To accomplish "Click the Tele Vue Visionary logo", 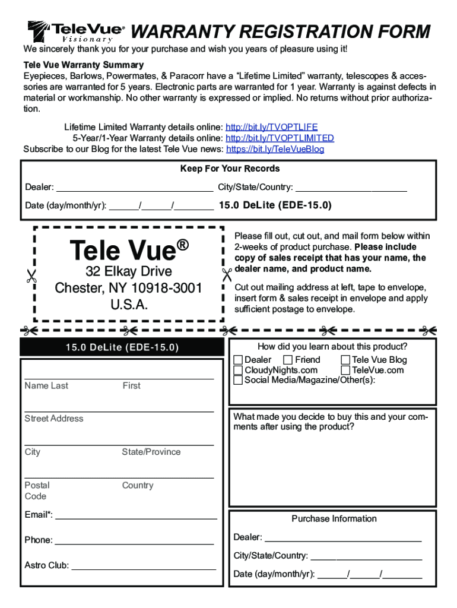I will [x=76, y=31].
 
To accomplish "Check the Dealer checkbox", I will [x=238, y=360].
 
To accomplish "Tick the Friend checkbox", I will [x=288, y=360].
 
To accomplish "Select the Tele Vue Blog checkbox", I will [x=345, y=360].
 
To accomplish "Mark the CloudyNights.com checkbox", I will [x=238, y=370].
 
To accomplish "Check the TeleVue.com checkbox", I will [x=345, y=370].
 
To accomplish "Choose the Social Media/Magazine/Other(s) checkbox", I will [x=238, y=381].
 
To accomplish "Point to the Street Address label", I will [x=54, y=419].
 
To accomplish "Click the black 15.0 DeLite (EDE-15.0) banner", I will [x=122, y=347].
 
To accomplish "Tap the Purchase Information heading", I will [x=334, y=519].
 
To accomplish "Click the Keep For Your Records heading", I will [x=230, y=169].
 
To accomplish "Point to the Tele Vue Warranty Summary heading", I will [x=84, y=65].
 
